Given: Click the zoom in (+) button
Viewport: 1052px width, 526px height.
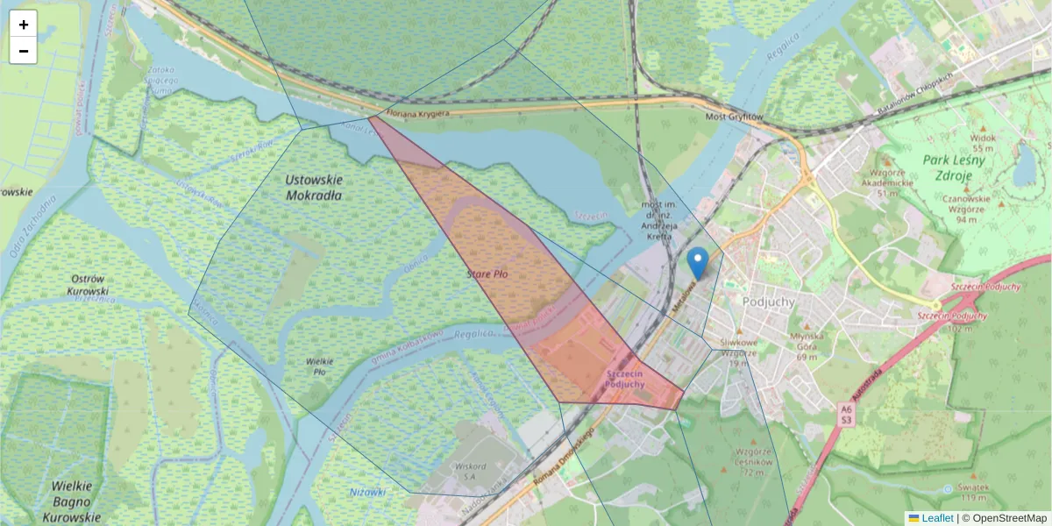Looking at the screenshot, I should click(24, 25).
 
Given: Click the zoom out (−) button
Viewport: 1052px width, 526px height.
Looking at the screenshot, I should click(24, 51).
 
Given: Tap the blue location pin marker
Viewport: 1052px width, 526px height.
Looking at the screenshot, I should click(697, 262).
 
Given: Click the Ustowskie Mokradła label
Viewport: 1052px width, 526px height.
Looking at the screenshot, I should click(314, 187).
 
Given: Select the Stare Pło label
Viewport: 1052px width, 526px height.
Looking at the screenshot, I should click(487, 274).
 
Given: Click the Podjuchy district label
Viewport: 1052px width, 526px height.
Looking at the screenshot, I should click(768, 302).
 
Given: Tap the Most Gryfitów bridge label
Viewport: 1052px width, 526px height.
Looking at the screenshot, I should click(735, 117).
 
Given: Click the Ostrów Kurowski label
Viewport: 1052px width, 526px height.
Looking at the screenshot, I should click(88, 284).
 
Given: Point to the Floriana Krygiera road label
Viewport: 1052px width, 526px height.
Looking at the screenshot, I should click(418, 113).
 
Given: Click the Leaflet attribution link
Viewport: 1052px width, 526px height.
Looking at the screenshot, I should click(936, 518).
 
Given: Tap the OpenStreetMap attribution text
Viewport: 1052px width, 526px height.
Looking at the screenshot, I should click(1008, 518).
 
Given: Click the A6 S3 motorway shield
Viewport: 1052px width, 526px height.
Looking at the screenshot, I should click(844, 414).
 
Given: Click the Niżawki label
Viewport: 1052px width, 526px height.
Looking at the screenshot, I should click(367, 492).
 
